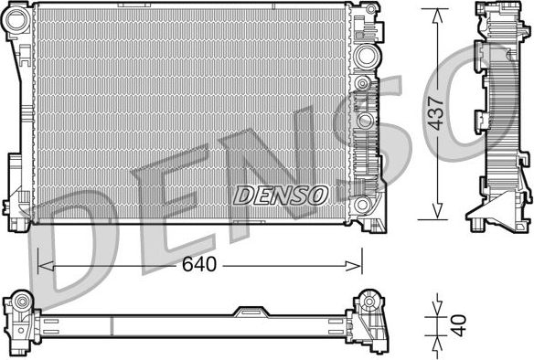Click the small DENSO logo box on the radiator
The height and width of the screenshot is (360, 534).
(x=281, y=195)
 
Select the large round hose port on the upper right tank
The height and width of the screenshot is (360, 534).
(x=368, y=55)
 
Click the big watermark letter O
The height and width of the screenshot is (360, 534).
(x=485, y=91)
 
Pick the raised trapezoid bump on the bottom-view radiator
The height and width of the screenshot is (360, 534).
(x=247, y=312)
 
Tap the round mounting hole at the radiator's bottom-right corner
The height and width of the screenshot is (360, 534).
(x=364, y=204)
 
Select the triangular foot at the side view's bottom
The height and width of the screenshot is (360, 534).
(x=488, y=219)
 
